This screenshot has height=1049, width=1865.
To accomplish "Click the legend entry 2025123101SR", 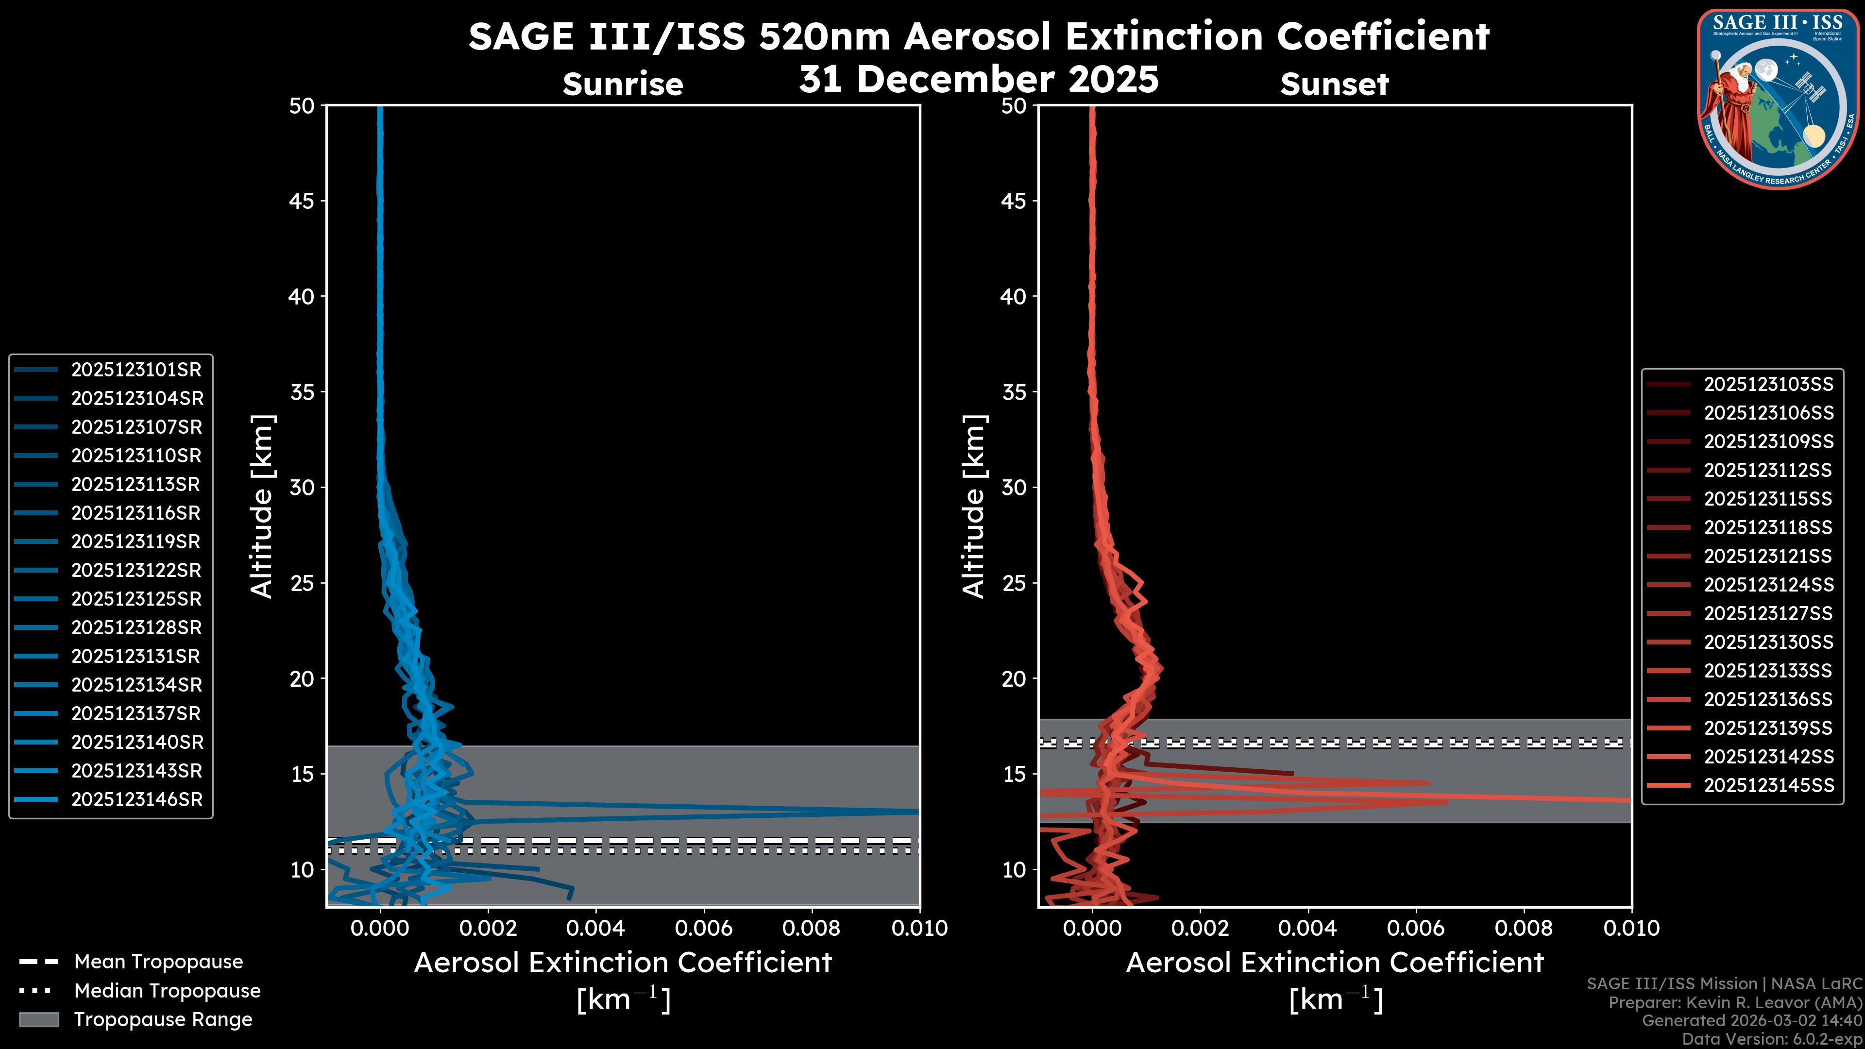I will click(x=136, y=370).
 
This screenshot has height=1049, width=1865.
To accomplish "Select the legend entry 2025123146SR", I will click(x=136, y=800).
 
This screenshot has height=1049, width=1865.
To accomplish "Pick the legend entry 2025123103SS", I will click(x=1768, y=385).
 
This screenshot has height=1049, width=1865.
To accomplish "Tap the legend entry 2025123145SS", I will click(x=1768, y=785).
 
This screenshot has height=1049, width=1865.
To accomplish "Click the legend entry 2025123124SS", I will click(x=1768, y=585).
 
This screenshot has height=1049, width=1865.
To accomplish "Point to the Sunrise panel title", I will click(x=623, y=85).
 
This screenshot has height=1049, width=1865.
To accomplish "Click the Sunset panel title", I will click(x=1334, y=85).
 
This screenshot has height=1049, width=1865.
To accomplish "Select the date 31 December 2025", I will click(x=979, y=79).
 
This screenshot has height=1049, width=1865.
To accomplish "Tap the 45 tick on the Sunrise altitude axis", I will click(x=302, y=201).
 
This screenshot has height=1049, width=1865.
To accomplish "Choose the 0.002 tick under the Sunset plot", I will click(x=1200, y=928).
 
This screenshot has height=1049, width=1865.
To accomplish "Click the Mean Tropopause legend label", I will click(x=158, y=962).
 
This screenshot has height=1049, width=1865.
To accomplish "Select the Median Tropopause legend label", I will click(x=167, y=991).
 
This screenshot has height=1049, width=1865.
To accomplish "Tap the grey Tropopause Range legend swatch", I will click(x=38, y=1020).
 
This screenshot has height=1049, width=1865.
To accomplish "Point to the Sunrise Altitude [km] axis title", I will click(x=261, y=506).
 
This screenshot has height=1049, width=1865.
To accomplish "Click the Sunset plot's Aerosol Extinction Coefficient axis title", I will click(x=1334, y=964).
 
